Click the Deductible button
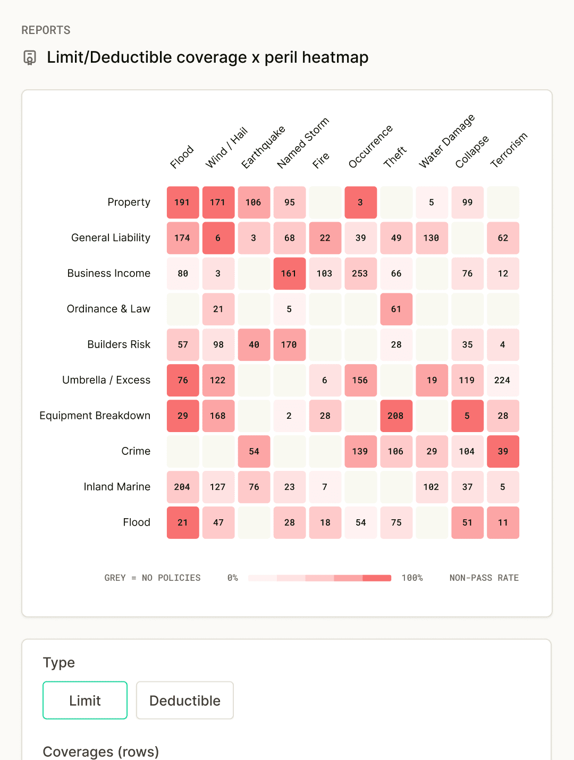[x=185, y=700]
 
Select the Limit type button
[x=85, y=700]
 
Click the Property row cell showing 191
[x=183, y=202]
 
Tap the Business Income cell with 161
[x=290, y=274]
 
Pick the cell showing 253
[x=360, y=274]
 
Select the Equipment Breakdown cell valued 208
[x=396, y=416]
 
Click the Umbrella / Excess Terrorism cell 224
[x=503, y=380]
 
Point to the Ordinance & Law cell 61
[x=396, y=309]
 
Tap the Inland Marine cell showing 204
[x=183, y=487]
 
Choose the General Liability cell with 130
[x=432, y=238]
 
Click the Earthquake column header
[x=263, y=147]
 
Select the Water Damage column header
[x=446, y=141]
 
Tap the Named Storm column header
[x=303, y=142]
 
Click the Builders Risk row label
[x=119, y=344]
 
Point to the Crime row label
[x=136, y=451]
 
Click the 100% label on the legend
[x=412, y=578]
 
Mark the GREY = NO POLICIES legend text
[x=153, y=578]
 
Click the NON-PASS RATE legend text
[x=484, y=578]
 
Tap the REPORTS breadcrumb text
[x=46, y=30]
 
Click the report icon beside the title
[x=30, y=57]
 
